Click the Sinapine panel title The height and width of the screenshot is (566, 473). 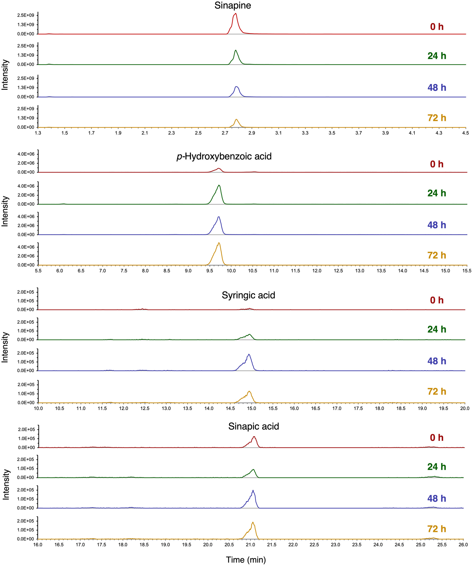pyautogui.click(x=232, y=5)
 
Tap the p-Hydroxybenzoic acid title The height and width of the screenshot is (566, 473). pyautogui.click(x=224, y=156)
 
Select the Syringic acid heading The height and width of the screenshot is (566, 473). pyautogui.click(x=248, y=295)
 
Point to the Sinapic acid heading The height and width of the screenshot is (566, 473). pyautogui.click(x=254, y=426)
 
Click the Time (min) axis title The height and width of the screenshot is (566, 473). pyautogui.click(x=246, y=559)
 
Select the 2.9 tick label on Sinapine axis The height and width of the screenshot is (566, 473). pyautogui.click(x=252, y=133)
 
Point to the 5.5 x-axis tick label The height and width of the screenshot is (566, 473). pyautogui.click(x=38, y=271)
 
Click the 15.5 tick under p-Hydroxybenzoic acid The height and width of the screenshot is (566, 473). pyautogui.click(x=466, y=271)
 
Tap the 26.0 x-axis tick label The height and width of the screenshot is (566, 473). pyautogui.click(x=463, y=544)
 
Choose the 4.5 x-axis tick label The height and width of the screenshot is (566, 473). pyautogui.click(x=465, y=133)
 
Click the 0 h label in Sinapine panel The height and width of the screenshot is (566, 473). pyautogui.click(x=437, y=27)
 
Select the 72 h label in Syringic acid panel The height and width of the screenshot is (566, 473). pyautogui.click(x=437, y=391)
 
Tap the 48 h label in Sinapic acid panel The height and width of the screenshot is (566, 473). pyautogui.click(x=437, y=498)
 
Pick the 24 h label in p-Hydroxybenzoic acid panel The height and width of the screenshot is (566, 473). pyautogui.click(x=437, y=193)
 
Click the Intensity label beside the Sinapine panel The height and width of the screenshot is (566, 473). pyautogui.click(x=5, y=75)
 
